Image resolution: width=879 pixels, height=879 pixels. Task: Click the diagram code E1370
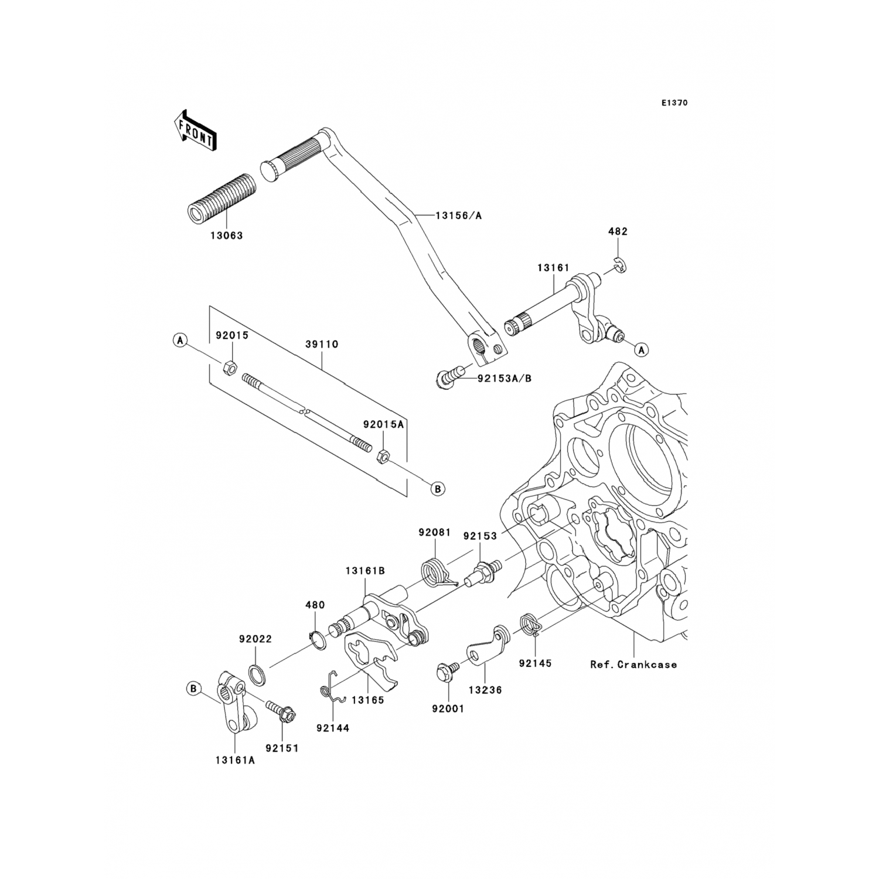(674, 103)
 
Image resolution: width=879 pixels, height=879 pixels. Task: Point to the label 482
(618, 231)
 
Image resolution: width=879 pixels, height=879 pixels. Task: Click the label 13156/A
(458, 216)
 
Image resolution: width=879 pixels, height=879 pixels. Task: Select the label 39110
(321, 345)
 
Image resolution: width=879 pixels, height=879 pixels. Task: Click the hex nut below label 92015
(230, 368)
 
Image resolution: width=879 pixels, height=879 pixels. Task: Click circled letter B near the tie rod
(438, 488)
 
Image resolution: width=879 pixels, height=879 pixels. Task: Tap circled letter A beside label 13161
(642, 350)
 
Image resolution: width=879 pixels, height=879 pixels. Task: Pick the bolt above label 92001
(445, 672)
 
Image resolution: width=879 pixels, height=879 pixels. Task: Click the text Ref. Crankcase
(633, 665)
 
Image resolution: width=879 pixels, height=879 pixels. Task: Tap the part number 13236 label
(485, 691)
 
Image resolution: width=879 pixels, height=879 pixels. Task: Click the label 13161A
(236, 761)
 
